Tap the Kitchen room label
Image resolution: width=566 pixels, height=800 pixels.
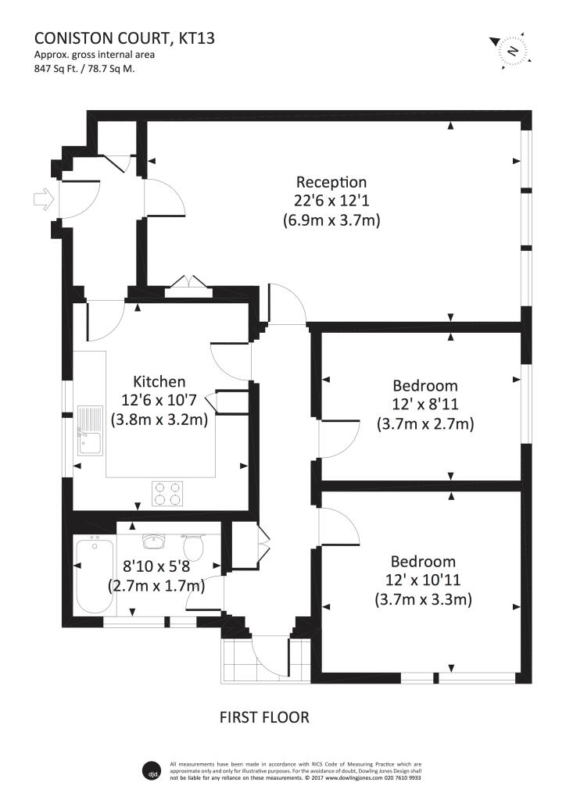(159, 382)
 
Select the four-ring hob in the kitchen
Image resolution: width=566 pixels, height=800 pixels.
(168, 493)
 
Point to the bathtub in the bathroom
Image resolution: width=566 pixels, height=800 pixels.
(91, 576)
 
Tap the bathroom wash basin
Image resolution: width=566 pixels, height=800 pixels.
(152, 541)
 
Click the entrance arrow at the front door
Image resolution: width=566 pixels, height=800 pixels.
(43, 199)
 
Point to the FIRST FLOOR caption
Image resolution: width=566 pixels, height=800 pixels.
(264, 716)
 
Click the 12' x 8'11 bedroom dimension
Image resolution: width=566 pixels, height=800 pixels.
(424, 405)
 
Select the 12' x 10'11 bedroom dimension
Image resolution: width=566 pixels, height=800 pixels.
(424, 580)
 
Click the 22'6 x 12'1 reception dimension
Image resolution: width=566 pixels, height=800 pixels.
(331, 202)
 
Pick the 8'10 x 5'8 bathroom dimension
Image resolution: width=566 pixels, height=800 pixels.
(156, 566)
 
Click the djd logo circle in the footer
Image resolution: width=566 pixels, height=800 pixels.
(153, 769)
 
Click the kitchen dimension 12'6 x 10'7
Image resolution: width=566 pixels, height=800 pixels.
(159, 401)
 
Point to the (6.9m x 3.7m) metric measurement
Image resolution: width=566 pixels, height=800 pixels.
(331, 220)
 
